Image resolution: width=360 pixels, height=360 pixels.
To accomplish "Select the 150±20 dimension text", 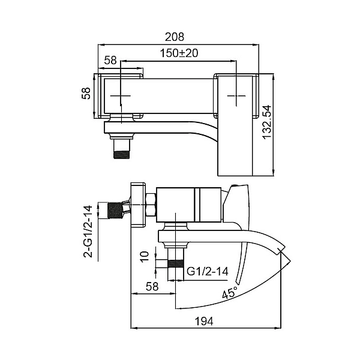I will [178, 53].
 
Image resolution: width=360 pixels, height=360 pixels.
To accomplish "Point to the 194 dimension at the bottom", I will [205, 322].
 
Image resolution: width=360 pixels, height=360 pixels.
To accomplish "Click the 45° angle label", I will [229, 294].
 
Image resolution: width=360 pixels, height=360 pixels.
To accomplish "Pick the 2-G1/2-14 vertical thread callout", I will [88, 231].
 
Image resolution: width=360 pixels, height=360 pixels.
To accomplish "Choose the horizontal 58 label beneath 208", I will [110, 60].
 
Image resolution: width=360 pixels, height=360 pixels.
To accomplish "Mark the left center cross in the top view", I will [122, 96].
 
